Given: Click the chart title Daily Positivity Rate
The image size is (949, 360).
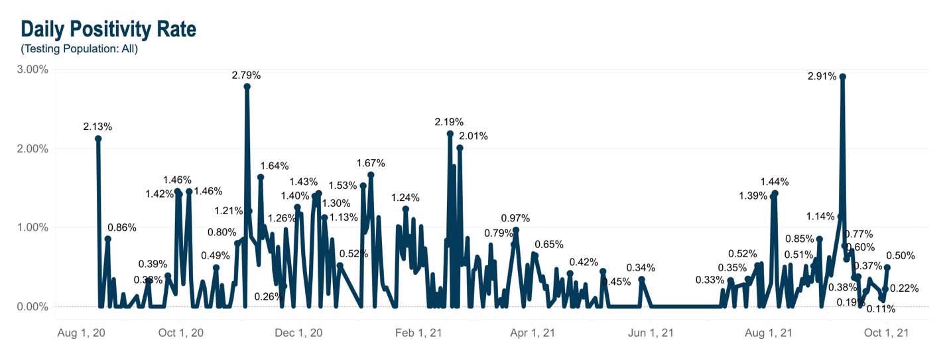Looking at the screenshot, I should pos(108,29).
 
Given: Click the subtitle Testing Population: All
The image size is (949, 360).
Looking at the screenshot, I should pos(79,49).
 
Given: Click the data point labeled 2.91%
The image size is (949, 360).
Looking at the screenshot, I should pos(842,77).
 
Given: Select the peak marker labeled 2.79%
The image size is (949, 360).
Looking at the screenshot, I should pos(247,86).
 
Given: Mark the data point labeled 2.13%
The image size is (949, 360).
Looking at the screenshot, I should pos(98,139).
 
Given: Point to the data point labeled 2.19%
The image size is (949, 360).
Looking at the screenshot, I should pos(450,134).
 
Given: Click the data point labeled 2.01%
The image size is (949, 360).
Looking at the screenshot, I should pos(460,148).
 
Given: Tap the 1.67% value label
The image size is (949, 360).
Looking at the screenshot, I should pos(370,163).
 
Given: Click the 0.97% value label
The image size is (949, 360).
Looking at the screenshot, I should pos(515,218).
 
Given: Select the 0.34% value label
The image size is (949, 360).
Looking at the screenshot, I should pos(640,268).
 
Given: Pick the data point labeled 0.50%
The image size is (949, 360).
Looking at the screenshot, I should pos(887,267).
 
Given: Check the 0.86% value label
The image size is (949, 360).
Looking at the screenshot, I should pos(121,227).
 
